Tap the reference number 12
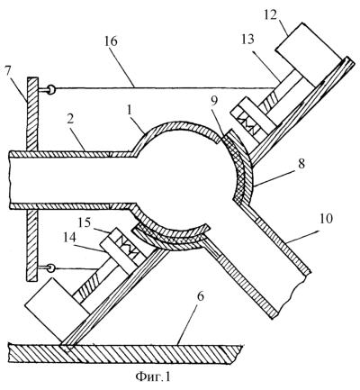tap(271, 14)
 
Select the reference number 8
tap(301, 164)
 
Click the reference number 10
tap(325, 220)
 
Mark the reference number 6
tap(201, 296)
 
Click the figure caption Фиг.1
tap(153, 376)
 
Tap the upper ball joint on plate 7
tap(51, 89)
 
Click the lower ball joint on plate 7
tap(51, 268)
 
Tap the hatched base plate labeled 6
tap(125, 354)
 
